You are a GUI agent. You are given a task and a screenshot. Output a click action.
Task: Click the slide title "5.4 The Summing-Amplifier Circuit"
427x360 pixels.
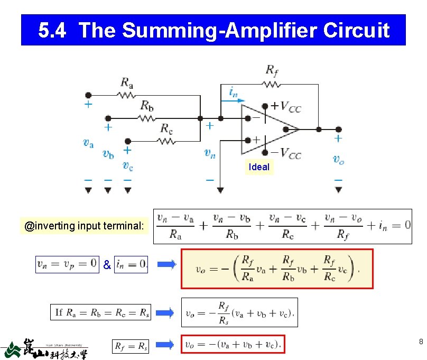(213, 30)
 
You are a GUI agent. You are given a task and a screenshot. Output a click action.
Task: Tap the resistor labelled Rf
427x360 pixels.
(271, 84)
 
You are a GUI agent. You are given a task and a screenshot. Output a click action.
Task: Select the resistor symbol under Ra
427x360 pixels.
(127, 96)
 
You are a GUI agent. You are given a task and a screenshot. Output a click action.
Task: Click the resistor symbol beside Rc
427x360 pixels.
(166, 141)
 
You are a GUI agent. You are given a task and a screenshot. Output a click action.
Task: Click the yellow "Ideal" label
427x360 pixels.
(259, 167)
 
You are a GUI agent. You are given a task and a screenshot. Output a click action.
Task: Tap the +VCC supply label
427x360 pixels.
(286, 107)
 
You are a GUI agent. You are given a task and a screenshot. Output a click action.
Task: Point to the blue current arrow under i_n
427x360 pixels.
(233, 100)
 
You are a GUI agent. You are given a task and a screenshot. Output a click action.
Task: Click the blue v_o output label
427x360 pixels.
(338, 159)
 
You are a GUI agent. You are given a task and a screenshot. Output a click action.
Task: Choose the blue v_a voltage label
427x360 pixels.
(89, 142)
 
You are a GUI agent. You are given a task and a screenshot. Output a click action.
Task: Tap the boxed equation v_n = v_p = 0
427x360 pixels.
(67, 264)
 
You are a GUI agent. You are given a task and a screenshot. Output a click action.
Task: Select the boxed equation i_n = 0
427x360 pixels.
(131, 264)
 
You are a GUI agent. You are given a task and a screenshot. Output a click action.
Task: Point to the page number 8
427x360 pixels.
(420, 341)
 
